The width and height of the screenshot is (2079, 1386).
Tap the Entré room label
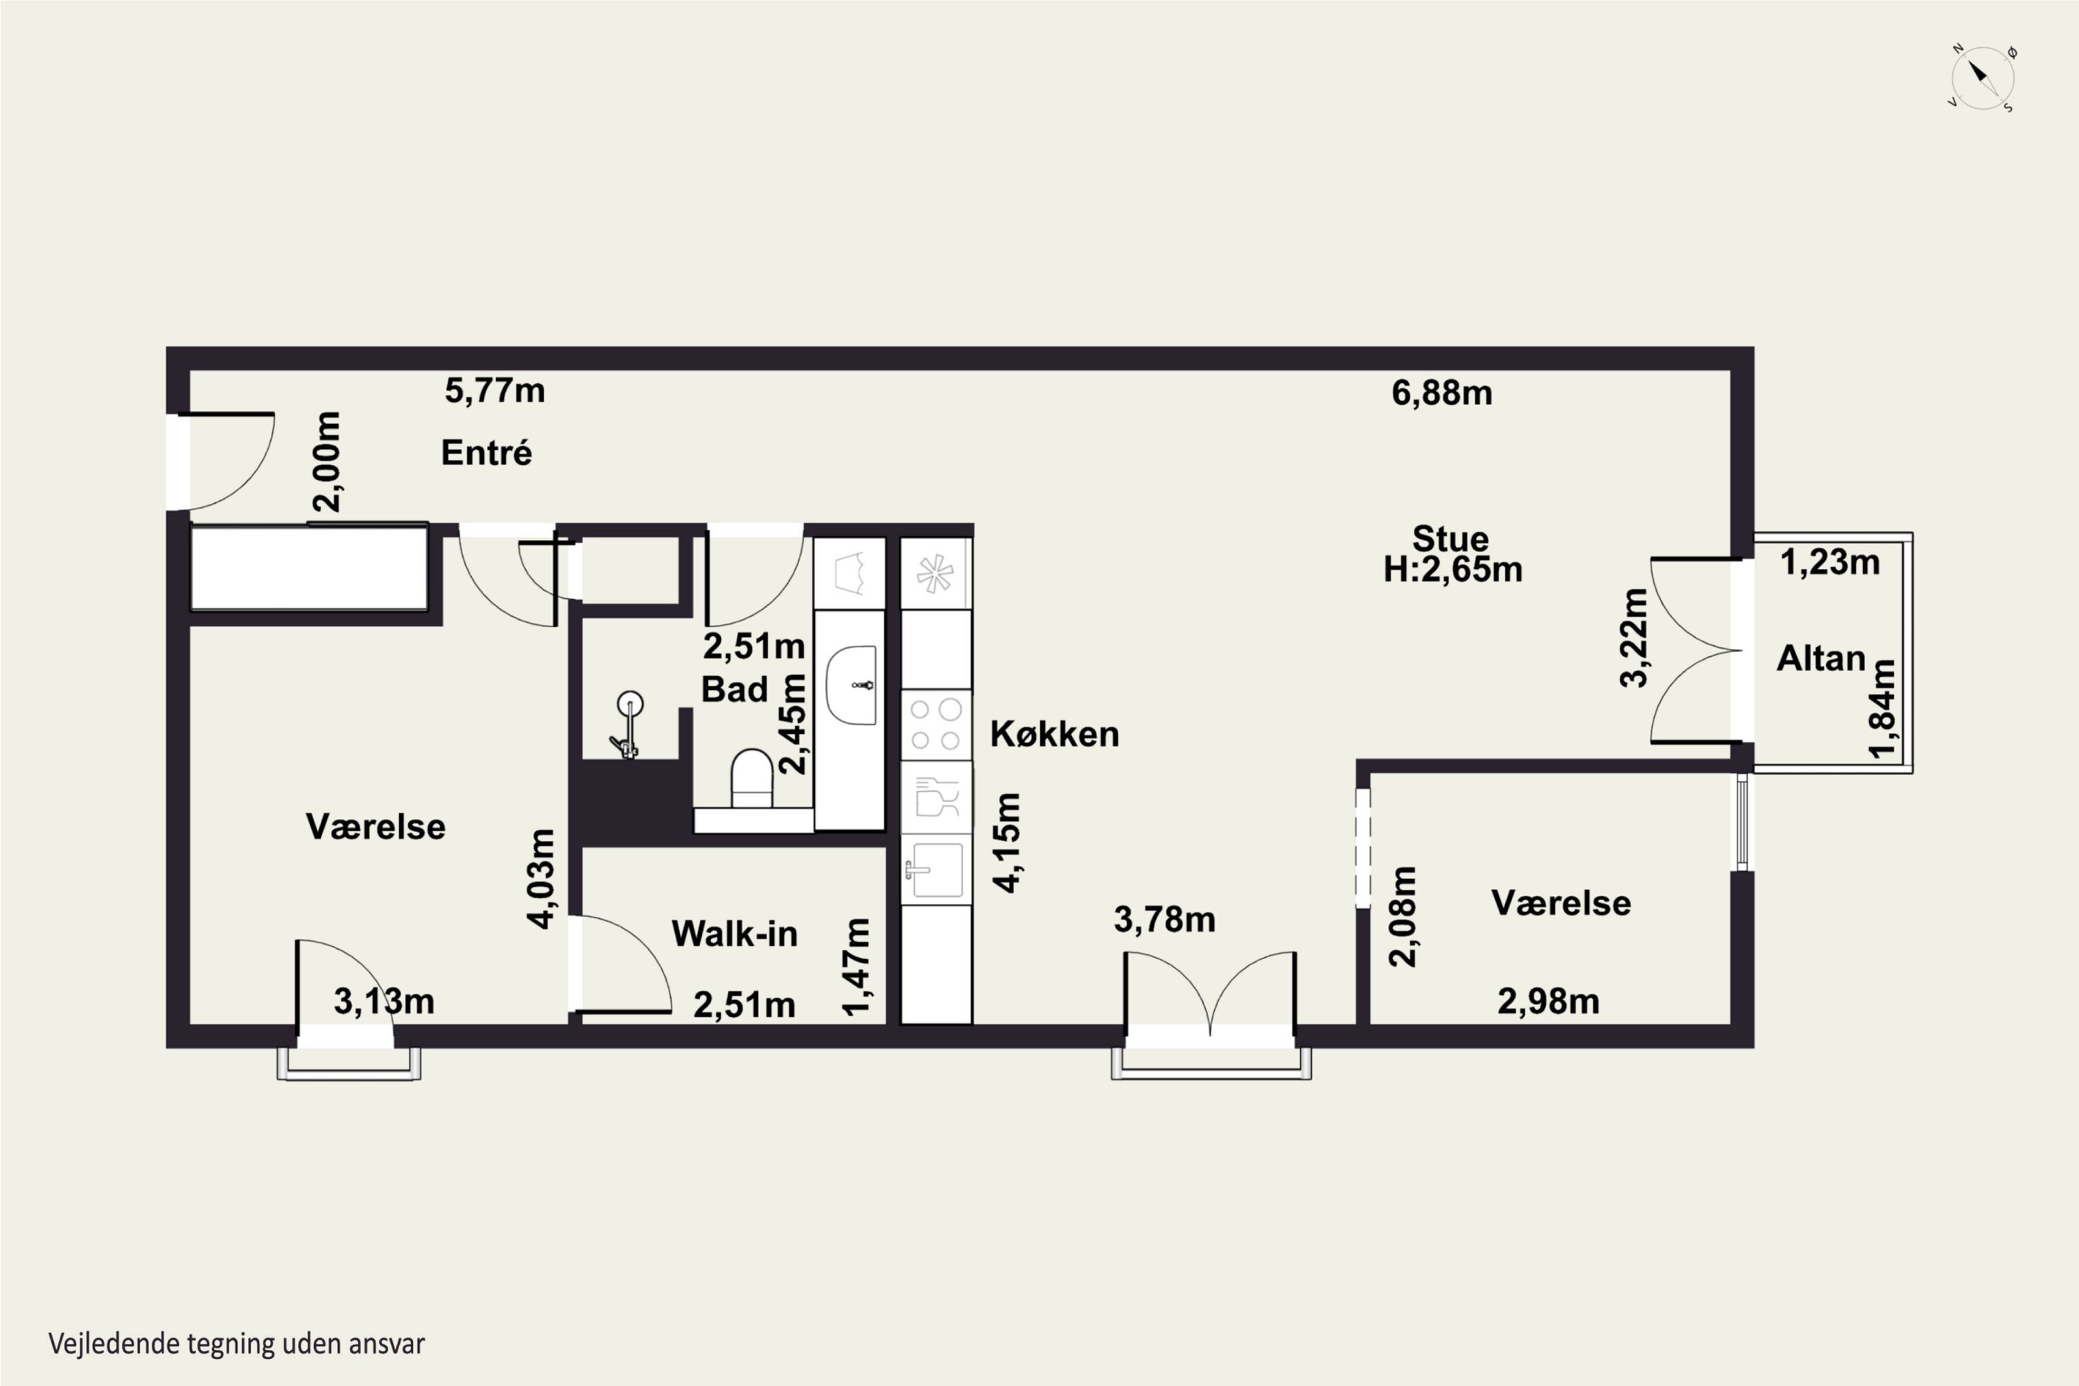[x=486, y=453]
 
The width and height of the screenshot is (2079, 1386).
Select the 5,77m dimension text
[x=494, y=391]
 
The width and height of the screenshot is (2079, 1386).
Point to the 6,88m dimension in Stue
[x=1441, y=392]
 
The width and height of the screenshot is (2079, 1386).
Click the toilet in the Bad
[x=752, y=778]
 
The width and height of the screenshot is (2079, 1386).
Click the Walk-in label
[x=735, y=933]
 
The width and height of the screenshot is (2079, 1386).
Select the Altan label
[x=1821, y=658]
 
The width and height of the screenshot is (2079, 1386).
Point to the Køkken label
[x=1055, y=734]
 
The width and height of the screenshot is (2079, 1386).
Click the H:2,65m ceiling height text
[x=1453, y=569]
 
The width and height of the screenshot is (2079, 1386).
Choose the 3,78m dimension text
[x=1165, y=920]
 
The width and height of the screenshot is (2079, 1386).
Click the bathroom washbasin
[x=851, y=685]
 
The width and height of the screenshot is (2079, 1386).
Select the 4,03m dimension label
[x=541, y=879]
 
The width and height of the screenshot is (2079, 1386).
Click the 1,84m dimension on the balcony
[x=1882, y=709]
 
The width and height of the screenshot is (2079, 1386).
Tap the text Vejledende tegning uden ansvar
[x=237, y=1344]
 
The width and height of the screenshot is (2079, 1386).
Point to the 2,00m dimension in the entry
[x=327, y=462]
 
